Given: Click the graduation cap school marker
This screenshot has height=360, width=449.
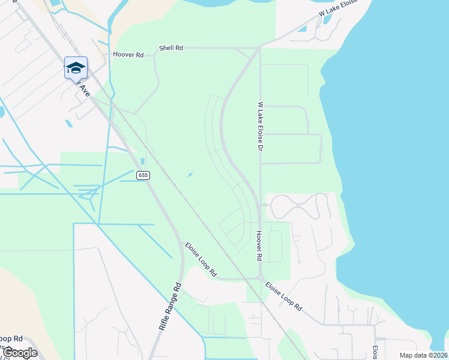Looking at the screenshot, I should click(76, 68).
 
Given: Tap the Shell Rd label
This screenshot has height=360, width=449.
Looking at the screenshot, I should click(171, 48).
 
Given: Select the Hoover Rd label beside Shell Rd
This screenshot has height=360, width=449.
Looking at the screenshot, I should click(128, 55).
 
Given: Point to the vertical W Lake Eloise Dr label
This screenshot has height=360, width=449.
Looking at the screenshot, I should click(261, 126).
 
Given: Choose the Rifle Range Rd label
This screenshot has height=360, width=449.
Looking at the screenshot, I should click(170, 306).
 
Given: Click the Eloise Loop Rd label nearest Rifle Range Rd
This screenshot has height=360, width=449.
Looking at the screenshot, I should click(200, 259).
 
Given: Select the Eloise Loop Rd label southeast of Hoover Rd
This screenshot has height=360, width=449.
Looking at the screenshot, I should click(283, 296).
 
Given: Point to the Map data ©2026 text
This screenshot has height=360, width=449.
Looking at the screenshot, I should click(423, 355).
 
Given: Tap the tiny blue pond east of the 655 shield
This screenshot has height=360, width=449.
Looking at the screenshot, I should click(190, 175).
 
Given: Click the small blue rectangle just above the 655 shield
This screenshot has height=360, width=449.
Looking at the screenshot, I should click(142, 161).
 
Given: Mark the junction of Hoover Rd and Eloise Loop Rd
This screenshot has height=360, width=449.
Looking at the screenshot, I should click(261, 278).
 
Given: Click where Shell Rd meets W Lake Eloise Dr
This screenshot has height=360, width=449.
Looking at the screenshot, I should click(259, 48).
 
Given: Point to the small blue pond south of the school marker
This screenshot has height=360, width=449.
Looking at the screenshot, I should click(68, 123).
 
